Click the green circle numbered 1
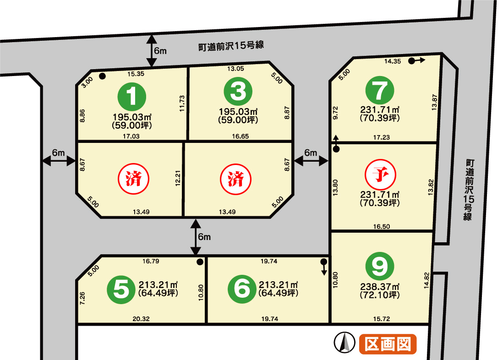(132, 97)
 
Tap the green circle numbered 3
(238, 91)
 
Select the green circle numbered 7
(380, 90)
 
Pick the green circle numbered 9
(380, 266)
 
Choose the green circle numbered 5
(121, 289)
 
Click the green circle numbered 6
(242, 289)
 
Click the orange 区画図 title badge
(388, 344)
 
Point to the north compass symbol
(344, 342)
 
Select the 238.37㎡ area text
(380, 287)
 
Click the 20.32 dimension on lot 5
(141, 319)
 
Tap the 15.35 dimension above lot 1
(136, 74)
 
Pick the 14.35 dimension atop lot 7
(393, 61)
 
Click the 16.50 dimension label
(382, 227)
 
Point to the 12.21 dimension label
(178, 178)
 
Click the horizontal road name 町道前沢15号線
(231, 46)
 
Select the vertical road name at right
(469, 190)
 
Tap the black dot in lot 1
(102, 76)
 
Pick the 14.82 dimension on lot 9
(426, 280)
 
